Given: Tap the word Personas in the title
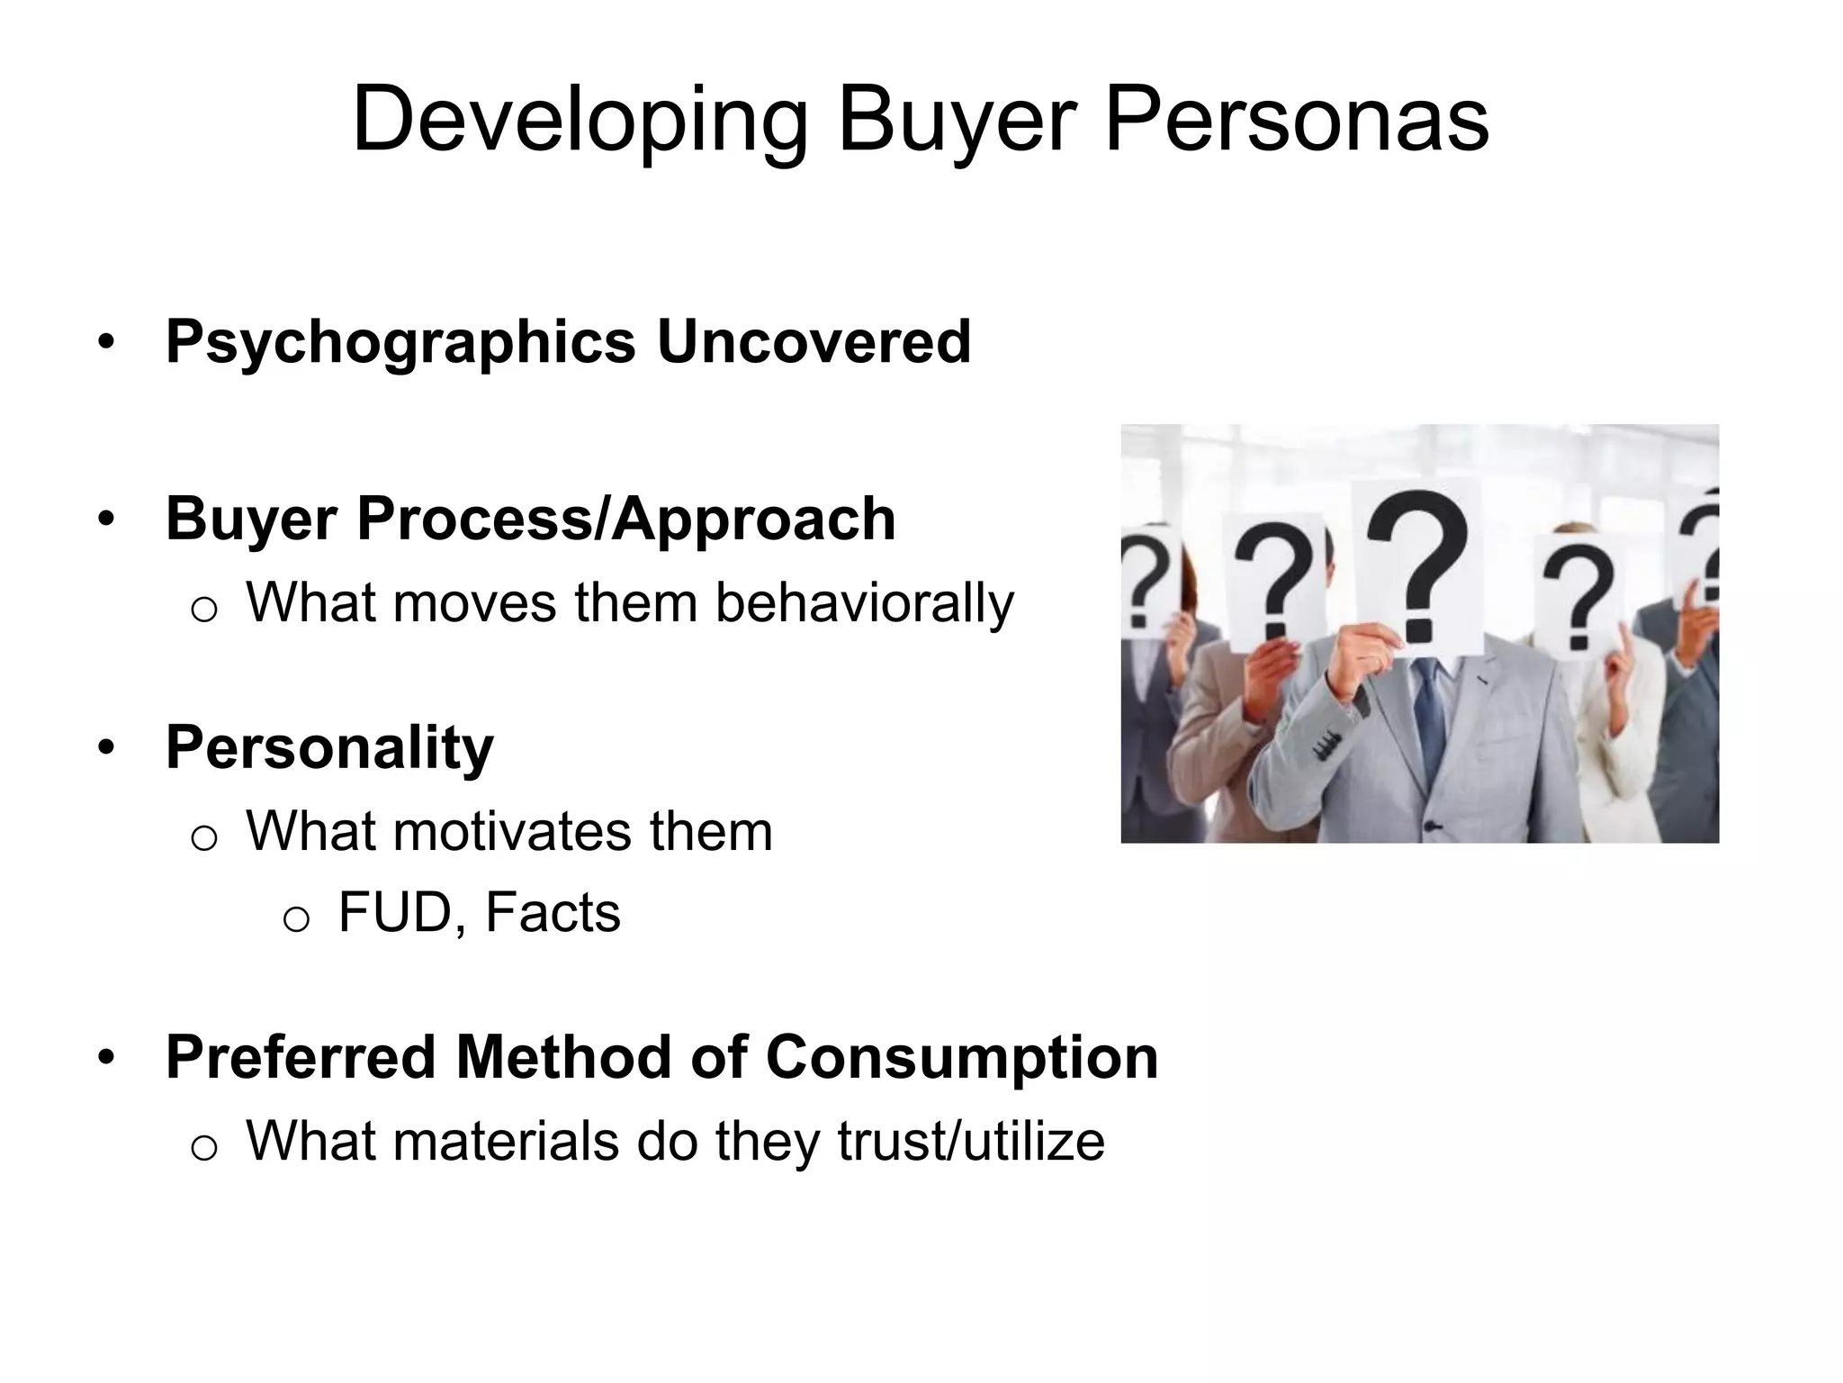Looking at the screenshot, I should coord(1296,120).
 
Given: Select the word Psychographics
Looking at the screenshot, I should coord(400,343).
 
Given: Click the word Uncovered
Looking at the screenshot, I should coord(814,342).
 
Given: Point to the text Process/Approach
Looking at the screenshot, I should coord(626,520).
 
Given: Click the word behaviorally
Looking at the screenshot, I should coord(864,602).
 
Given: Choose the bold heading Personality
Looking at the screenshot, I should coord(329,748).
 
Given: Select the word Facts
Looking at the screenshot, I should coord(553,912).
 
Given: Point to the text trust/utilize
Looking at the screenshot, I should coord(970,1141).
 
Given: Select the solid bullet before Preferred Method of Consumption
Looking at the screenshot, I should coord(107,1058).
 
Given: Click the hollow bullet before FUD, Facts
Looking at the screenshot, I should coord(296,917).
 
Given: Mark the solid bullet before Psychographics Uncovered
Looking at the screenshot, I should coord(107,343).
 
